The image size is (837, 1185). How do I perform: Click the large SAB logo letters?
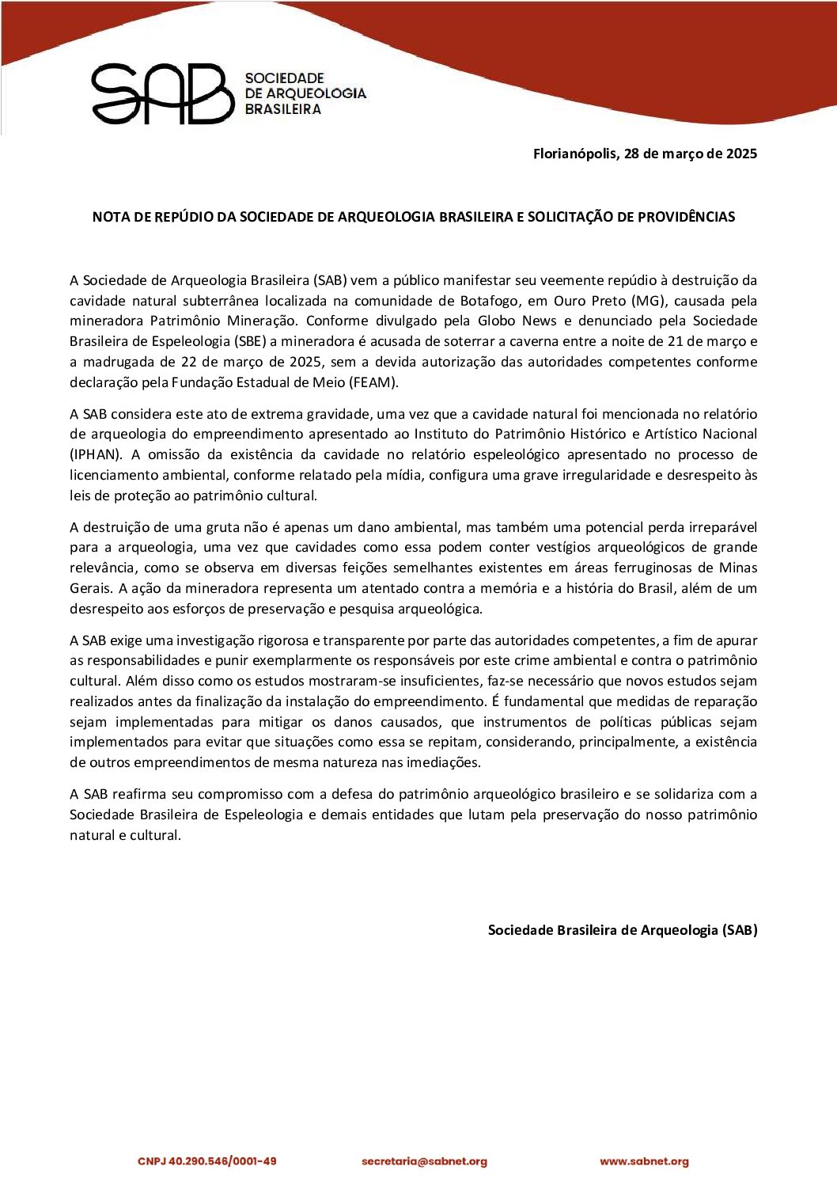point(163,94)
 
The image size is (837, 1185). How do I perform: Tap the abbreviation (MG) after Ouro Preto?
point(648,301)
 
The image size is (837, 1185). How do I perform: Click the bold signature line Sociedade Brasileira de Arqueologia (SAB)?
point(622,930)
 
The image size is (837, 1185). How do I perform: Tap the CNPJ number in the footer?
point(207,1161)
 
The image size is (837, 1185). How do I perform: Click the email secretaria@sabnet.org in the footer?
point(424,1161)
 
